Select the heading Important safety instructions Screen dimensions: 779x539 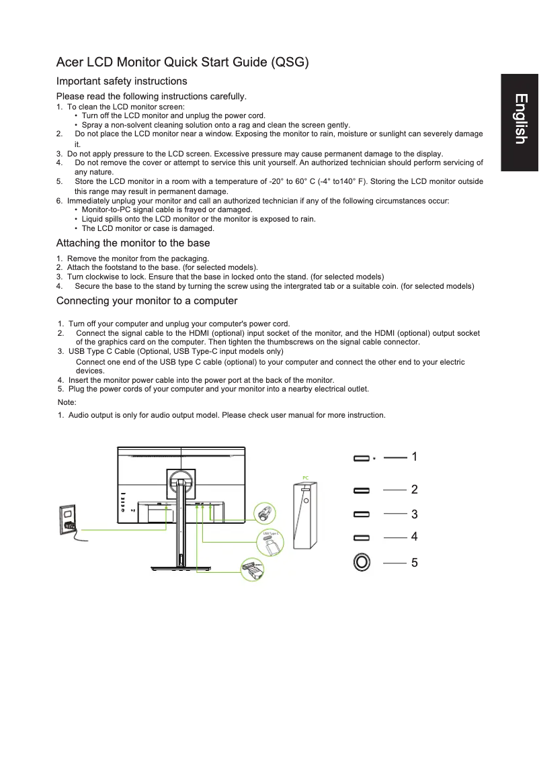click(x=122, y=81)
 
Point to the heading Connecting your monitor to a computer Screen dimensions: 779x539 click(x=147, y=300)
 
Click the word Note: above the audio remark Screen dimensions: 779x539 click(x=68, y=402)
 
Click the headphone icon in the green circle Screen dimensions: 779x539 click(x=264, y=514)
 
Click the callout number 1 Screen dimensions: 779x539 click(x=415, y=457)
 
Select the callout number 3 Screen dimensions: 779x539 click(x=415, y=514)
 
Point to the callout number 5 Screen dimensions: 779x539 click(x=415, y=563)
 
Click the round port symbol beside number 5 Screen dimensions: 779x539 click(x=362, y=561)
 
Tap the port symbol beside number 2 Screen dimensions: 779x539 click(x=362, y=491)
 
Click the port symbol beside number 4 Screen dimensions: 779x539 click(x=362, y=538)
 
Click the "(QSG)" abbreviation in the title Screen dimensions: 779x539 click(x=289, y=63)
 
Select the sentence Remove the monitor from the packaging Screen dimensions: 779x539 click(x=138, y=259)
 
